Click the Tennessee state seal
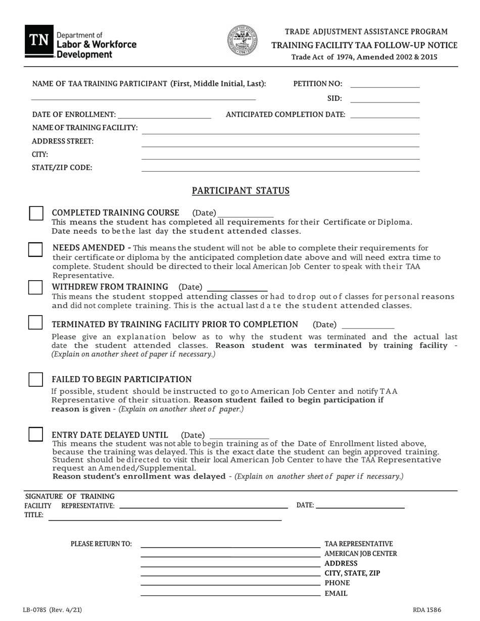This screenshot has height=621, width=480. [x=242, y=40]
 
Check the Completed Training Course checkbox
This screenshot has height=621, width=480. [x=36, y=213]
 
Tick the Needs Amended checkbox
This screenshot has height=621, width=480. [x=35, y=249]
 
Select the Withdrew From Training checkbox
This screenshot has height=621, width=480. [x=35, y=287]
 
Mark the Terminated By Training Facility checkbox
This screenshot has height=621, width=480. [x=35, y=323]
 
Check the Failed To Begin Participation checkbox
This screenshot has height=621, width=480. [x=35, y=379]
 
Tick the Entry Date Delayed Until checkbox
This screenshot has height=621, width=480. [x=35, y=434]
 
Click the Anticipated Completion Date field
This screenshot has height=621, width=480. [x=385, y=115]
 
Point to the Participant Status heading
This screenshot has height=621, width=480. [x=241, y=191]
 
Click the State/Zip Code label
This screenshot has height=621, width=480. [x=62, y=168]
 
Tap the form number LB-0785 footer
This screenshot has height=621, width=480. [x=52, y=610]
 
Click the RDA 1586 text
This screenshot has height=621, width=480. [x=426, y=610]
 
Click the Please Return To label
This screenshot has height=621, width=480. [x=101, y=544]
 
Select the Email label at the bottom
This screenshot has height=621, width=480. [x=335, y=593]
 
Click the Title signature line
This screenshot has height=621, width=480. [x=165, y=516]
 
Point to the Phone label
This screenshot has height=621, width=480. [x=337, y=583]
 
